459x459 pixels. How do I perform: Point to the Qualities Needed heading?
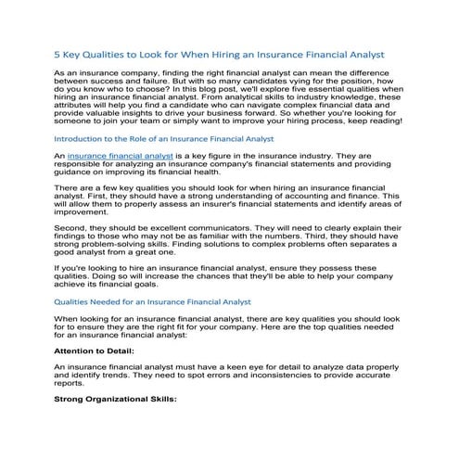pos(152,302)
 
